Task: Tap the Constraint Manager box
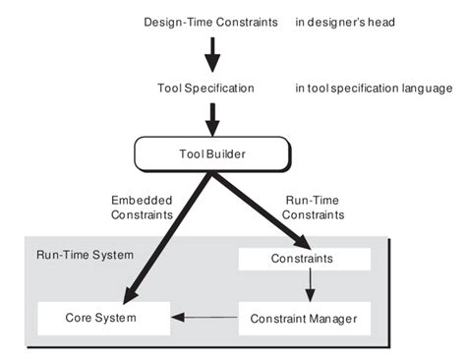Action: [304, 318]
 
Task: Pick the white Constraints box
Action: [304, 260]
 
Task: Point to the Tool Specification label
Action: [205, 89]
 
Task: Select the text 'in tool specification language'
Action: [373, 89]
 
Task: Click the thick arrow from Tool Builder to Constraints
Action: [255, 208]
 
